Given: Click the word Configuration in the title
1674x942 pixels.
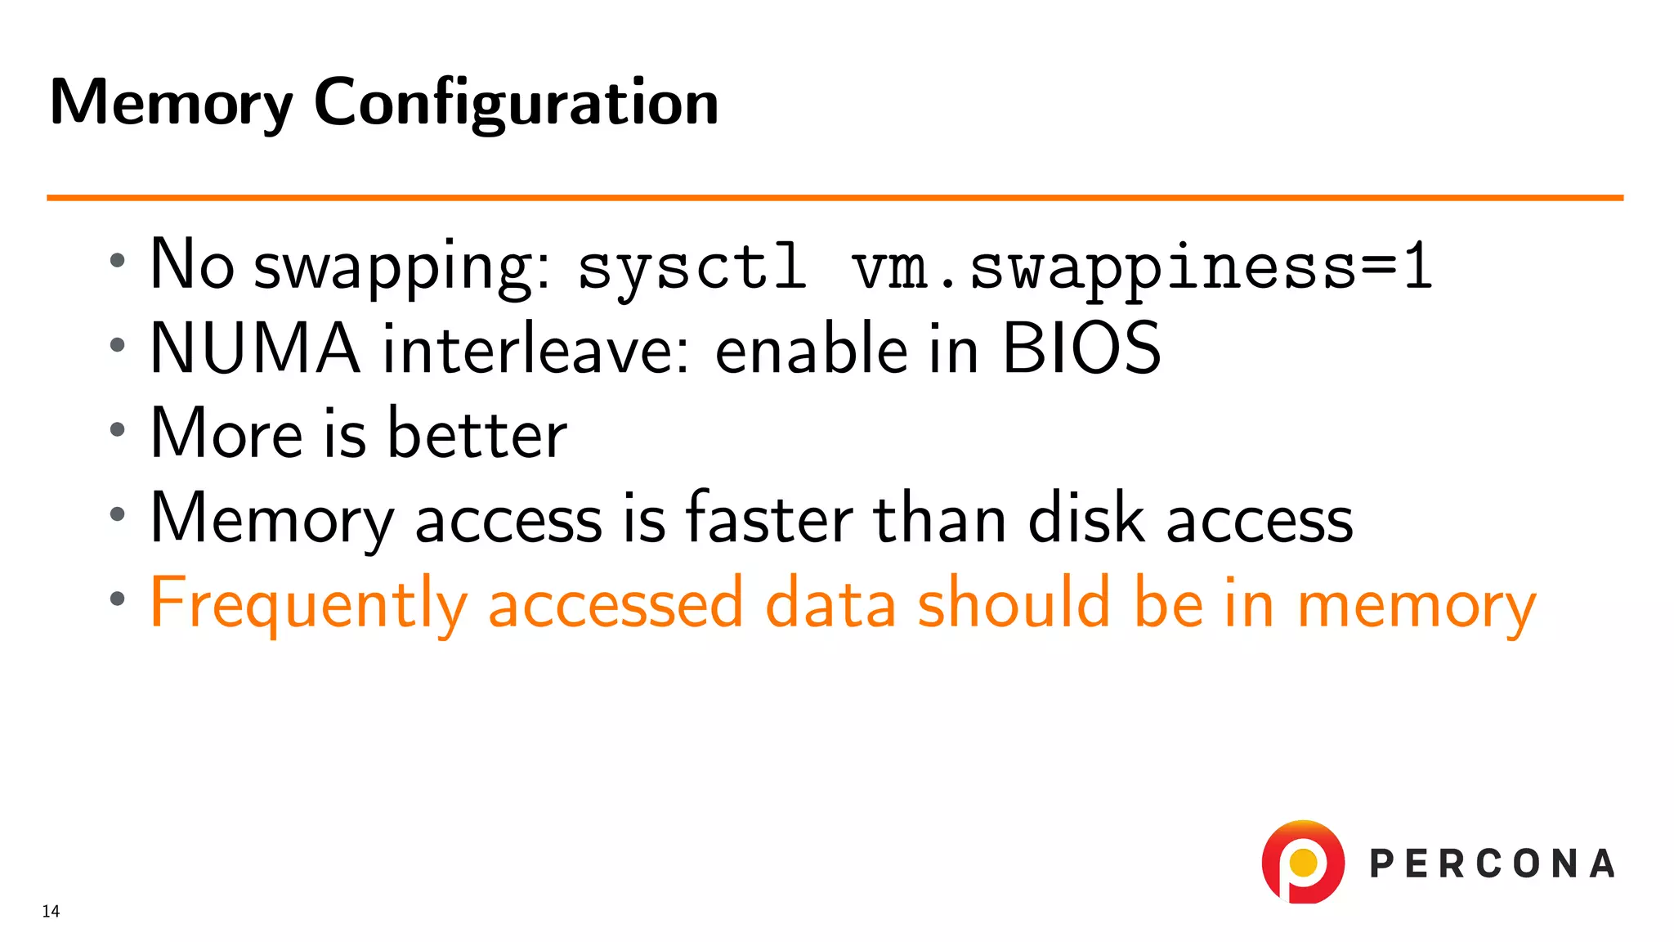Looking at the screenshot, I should click(516, 103).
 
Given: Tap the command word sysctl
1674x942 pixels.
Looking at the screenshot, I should click(692, 267).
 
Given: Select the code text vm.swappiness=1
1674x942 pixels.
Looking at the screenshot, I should click(1142, 267).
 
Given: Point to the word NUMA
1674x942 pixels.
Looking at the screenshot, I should click(255, 348).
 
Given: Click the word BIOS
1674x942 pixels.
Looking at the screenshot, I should click(1081, 348).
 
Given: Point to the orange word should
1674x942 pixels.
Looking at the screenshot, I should click(1014, 603).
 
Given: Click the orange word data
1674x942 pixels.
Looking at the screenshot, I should click(830, 603).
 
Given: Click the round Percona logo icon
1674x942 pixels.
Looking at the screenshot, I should click(1303, 862).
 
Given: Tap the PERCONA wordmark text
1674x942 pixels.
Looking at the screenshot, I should click(1492, 864).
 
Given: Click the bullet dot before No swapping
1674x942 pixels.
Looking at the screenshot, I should click(118, 262).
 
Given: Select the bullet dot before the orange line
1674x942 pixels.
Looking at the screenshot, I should click(118, 599).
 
